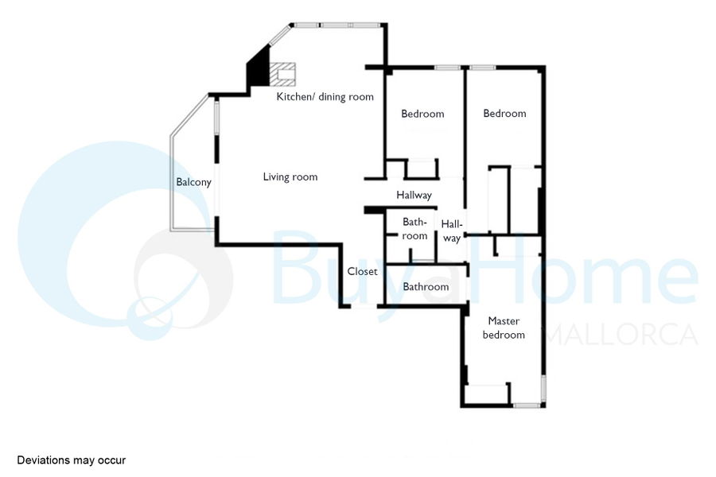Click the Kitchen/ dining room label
tap(325, 97)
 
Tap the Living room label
tap(290, 177)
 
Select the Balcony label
tap(193, 182)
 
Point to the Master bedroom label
tap(504, 328)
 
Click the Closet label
tap(362, 272)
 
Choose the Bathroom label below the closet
tap(426, 287)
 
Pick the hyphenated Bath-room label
tap(414, 229)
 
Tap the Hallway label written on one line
tap(414, 196)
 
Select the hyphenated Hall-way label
tap(452, 231)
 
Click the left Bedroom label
tap(422, 114)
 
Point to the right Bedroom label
tap(504, 113)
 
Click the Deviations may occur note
tap(72, 460)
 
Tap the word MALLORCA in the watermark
tap(622, 335)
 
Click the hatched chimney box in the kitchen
tap(282, 74)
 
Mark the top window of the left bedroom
tap(447, 68)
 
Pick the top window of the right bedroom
tap(482, 68)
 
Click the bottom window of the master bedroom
tap(526, 405)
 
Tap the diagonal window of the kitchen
tap(280, 35)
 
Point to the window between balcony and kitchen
tap(216, 117)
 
